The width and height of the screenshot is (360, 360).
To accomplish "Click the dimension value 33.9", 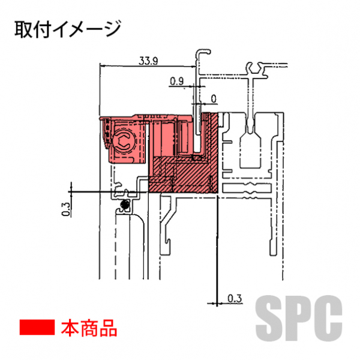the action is coord(148,61).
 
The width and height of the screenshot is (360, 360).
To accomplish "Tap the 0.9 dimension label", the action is coord(177,81).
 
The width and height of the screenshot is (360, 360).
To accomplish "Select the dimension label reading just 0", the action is coord(214,99).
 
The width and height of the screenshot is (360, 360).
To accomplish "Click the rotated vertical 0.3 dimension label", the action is coord(65,209).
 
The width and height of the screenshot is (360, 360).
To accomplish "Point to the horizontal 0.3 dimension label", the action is coord(235,298).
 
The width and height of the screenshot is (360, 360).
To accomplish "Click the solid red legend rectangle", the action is coord(37,327).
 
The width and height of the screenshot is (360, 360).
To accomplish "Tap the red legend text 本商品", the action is coord(89,328).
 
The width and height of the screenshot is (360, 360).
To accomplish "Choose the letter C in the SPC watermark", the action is coord(328,318).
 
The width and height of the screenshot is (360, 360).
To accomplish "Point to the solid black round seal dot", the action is coord(125,203).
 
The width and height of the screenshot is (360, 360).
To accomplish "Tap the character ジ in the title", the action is coord(112,29).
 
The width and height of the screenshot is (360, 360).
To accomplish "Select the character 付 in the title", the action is coord(41,29).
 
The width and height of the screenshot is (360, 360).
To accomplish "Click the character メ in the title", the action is coord(77,29).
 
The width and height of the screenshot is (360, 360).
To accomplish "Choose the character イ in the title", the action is coord(59,29).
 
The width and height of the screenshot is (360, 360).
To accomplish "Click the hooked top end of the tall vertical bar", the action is coord(203,52).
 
